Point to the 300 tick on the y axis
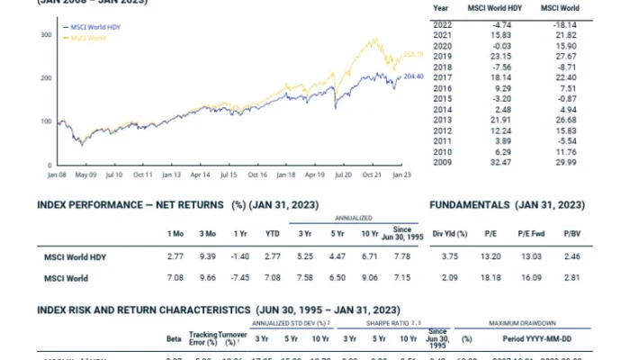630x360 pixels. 45,34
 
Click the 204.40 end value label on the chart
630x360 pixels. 413,76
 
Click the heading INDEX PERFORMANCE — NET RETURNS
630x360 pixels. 131,204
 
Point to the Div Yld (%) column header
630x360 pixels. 450,234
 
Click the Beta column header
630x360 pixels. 175,341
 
